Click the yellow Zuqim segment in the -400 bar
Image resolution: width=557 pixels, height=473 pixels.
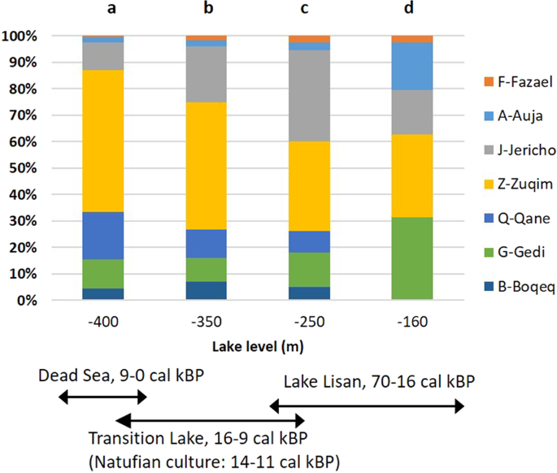click(x=102, y=141)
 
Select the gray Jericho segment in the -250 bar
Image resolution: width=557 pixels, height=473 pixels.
click(x=309, y=96)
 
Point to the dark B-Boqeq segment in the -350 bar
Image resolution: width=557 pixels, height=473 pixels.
click(x=206, y=291)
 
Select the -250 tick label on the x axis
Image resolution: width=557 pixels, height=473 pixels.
click(x=309, y=323)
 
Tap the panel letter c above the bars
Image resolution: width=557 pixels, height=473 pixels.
click(x=309, y=10)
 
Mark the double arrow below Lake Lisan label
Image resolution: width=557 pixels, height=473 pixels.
click(x=367, y=404)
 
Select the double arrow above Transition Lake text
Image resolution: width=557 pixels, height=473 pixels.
click(x=210, y=421)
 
